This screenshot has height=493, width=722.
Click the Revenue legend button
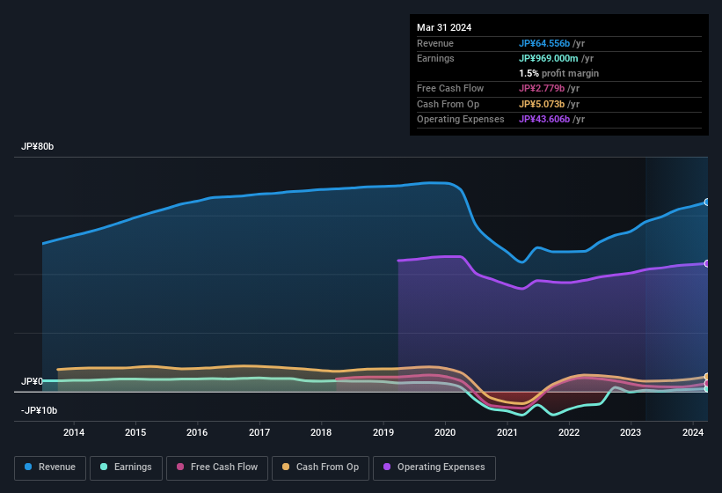pos(51,467)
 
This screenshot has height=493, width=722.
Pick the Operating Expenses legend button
pos(434,467)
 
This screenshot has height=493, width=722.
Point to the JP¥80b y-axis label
pos(38,147)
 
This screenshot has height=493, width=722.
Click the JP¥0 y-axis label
pos(32,381)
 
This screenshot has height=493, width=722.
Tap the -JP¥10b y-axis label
pos(39,410)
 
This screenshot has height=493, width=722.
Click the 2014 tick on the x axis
pos(74,432)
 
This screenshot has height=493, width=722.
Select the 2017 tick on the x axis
pos(259,432)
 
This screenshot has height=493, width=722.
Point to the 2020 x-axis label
pos(445,432)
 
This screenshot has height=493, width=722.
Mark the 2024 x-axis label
pos(692,432)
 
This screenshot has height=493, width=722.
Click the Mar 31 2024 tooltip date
pos(444,27)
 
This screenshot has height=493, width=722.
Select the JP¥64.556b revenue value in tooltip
pos(551,43)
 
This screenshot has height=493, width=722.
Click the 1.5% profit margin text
pos(558,73)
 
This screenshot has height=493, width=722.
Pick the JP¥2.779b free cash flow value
pos(548,89)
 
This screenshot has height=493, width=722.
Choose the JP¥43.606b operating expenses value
pos(551,119)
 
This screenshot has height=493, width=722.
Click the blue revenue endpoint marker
pos(706,202)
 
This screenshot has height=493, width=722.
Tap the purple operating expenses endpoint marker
pos(706,263)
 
